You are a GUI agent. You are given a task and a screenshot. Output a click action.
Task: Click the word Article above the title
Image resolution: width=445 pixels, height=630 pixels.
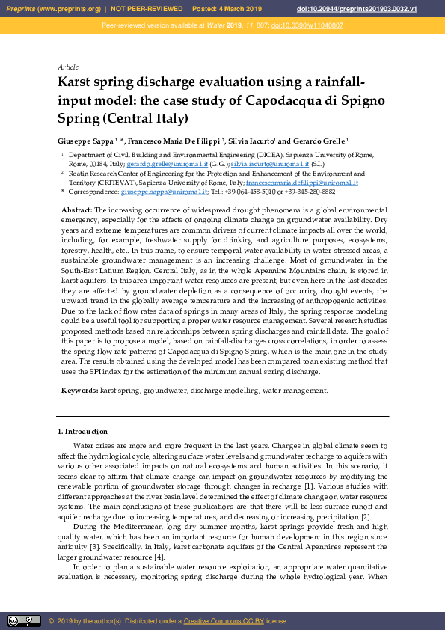click(x=68, y=67)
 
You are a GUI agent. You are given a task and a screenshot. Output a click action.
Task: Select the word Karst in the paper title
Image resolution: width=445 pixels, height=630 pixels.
click(x=76, y=82)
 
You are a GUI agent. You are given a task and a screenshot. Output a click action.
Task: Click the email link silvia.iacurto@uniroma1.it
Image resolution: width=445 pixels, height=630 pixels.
click(x=278, y=163)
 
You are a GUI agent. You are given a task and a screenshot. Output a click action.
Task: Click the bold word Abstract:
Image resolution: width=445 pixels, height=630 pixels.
click(x=77, y=210)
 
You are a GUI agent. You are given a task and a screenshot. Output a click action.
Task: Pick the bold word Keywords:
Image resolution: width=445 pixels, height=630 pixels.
click(x=79, y=390)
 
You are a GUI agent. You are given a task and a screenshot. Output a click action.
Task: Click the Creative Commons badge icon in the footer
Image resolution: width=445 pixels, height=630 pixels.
click(x=24, y=620)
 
